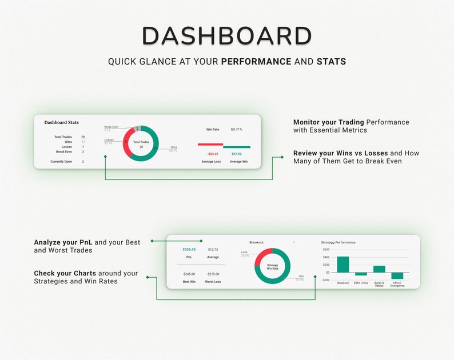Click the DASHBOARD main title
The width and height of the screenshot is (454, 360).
coord(227,36)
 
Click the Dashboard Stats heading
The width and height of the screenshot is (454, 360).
coord(62,122)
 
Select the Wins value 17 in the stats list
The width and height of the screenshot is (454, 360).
coord(83,142)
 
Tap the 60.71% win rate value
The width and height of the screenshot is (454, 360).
coord(236,130)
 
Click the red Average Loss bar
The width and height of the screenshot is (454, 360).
coord(210,145)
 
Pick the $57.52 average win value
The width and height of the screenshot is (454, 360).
coord(236,154)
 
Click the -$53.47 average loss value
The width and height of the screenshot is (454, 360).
coord(213,154)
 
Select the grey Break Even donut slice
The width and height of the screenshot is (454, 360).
coord(137,129)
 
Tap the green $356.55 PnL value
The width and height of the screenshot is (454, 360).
coord(189,249)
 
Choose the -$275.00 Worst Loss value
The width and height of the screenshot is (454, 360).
coord(213,274)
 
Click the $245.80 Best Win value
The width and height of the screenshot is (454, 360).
coord(189,274)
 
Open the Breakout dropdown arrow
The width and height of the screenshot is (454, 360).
coord(294,242)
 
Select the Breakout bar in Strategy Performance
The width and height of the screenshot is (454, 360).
coord(343,264)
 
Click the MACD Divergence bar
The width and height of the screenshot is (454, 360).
coord(397,275)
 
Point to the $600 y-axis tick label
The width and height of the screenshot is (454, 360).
coord(326,250)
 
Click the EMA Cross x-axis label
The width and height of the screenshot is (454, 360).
coord(361,283)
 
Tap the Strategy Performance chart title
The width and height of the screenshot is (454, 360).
coord(338,242)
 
